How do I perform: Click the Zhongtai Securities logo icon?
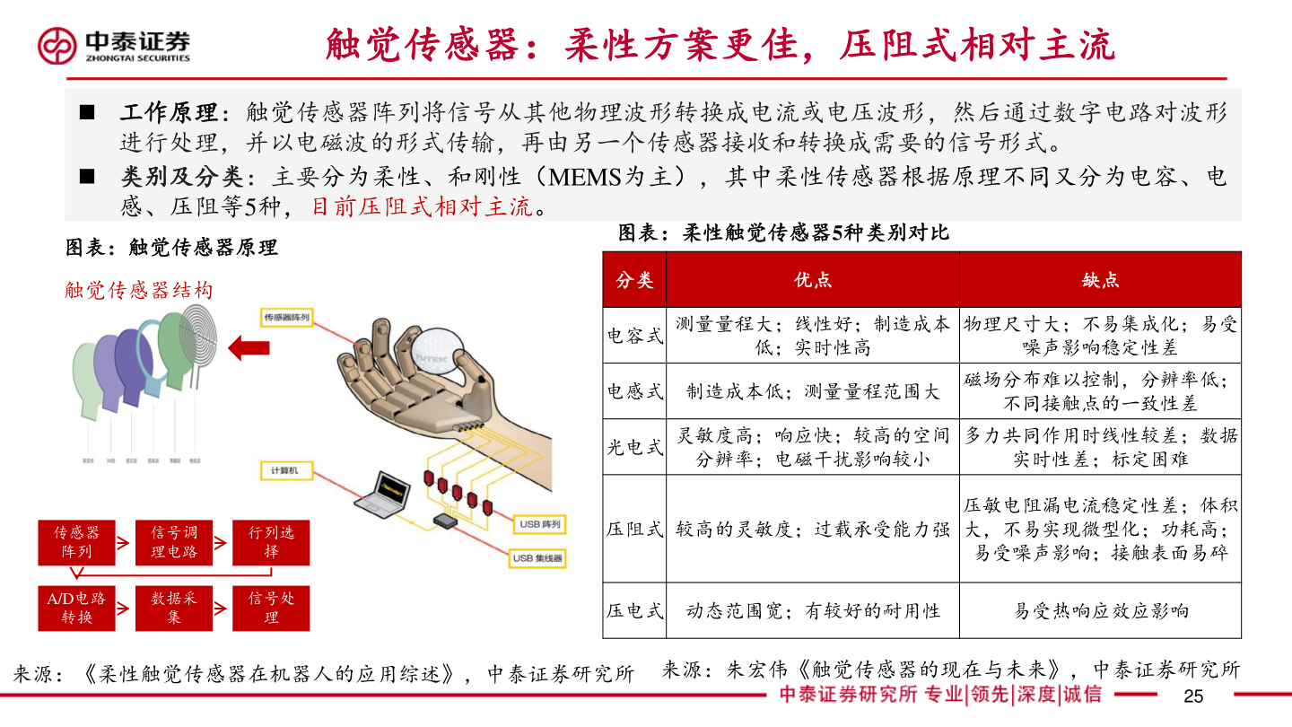57,46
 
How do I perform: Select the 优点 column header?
813,280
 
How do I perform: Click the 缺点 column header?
1100,280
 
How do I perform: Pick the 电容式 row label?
635,336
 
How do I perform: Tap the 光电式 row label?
635,447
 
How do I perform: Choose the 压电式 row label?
635,611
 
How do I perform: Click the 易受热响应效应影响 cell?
1100,611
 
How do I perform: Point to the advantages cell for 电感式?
813,391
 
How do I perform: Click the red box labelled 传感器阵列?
76,542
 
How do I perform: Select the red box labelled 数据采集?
173,608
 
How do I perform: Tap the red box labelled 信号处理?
271,608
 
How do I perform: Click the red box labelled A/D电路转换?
76,608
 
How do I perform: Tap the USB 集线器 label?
537,558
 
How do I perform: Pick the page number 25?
1192,696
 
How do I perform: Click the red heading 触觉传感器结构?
139,290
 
